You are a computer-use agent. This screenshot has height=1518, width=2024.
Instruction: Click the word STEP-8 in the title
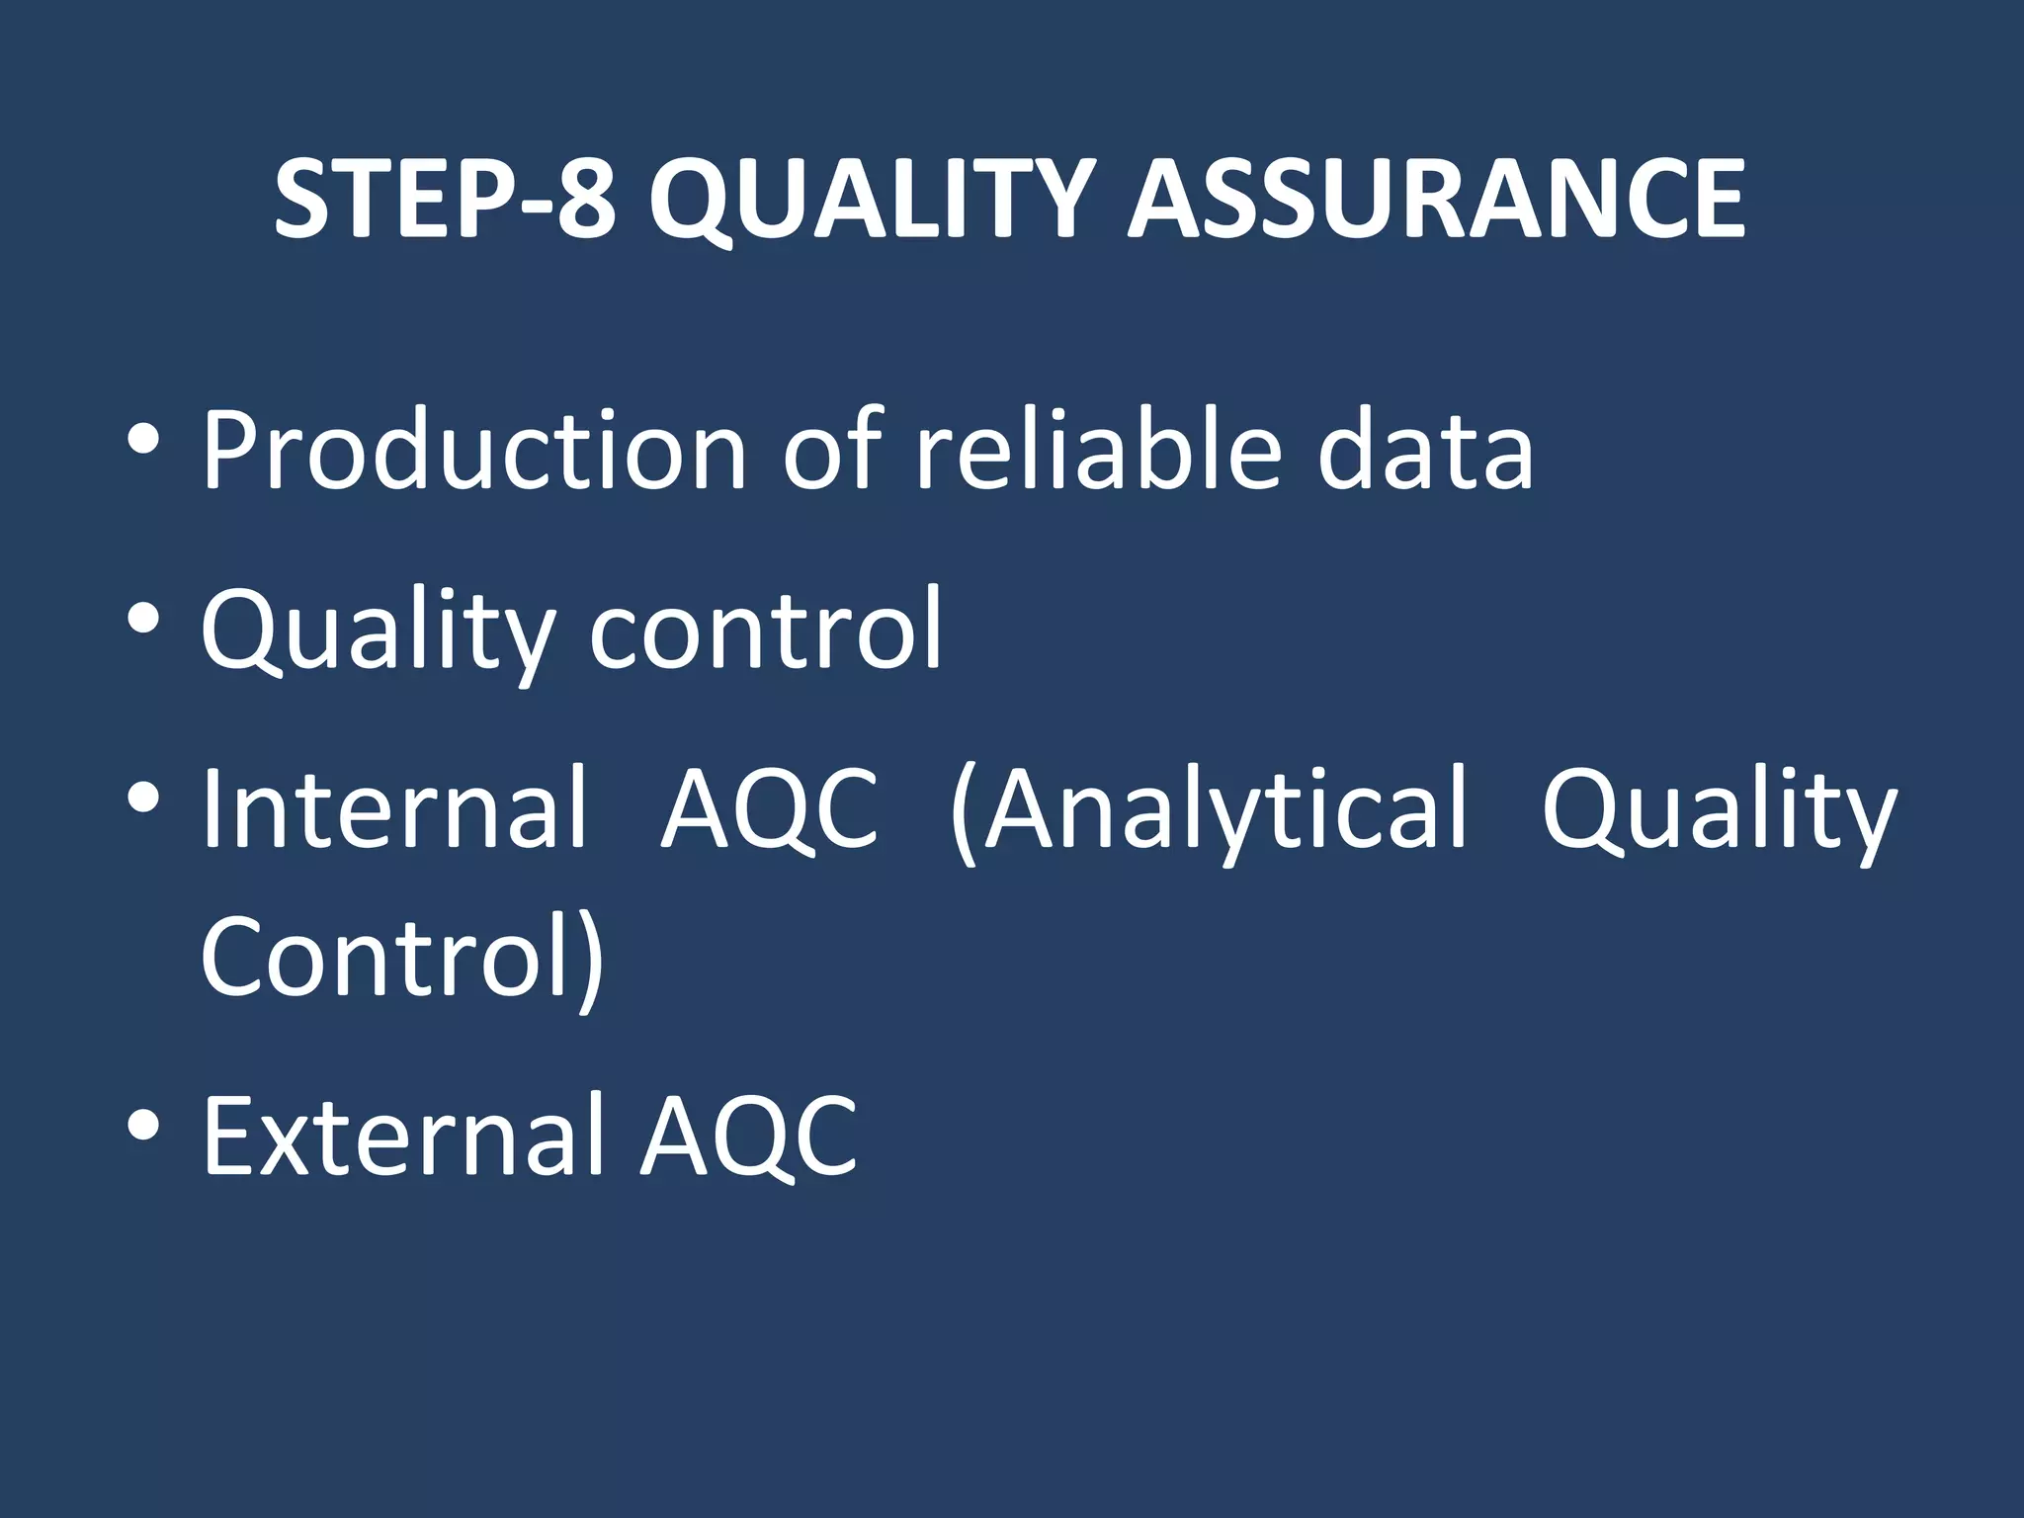tap(445, 201)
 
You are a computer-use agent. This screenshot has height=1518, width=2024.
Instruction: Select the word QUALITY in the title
tap(872, 201)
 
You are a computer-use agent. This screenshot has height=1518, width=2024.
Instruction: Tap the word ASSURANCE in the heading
tap(1437, 201)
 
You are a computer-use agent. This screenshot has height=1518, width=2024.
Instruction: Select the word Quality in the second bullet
tap(378, 631)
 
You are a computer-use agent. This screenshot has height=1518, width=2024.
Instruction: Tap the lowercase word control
tap(766, 629)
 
